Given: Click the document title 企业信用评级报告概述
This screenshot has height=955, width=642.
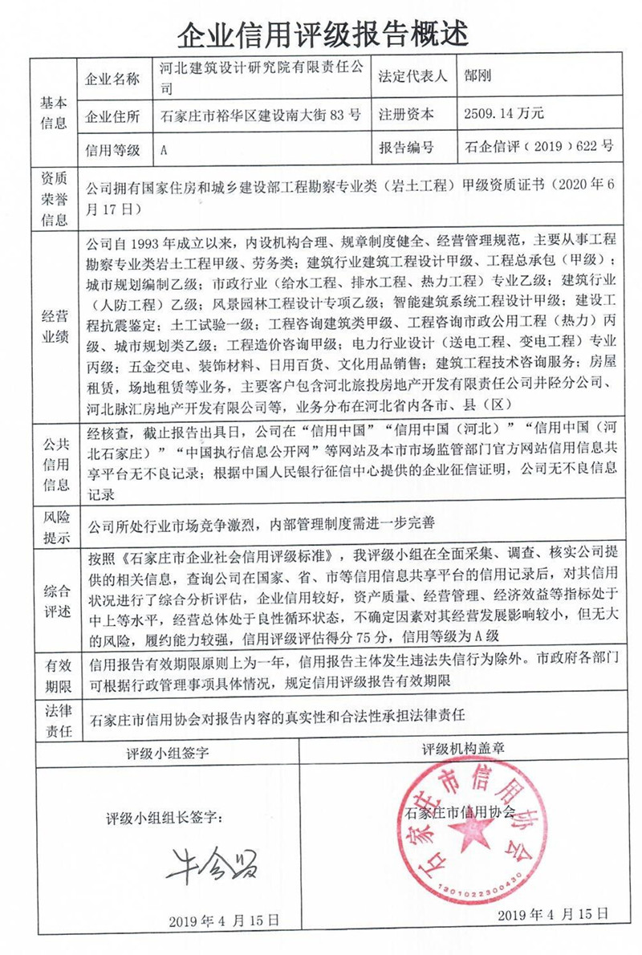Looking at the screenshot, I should pos(321,32).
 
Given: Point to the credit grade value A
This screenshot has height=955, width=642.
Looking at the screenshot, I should pos(164,149).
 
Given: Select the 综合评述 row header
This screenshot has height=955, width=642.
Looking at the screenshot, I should pos(54,601).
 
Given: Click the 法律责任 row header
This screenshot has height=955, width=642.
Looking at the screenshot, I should pos(54,721).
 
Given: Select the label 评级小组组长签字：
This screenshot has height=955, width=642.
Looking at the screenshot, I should pos(166,819).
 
